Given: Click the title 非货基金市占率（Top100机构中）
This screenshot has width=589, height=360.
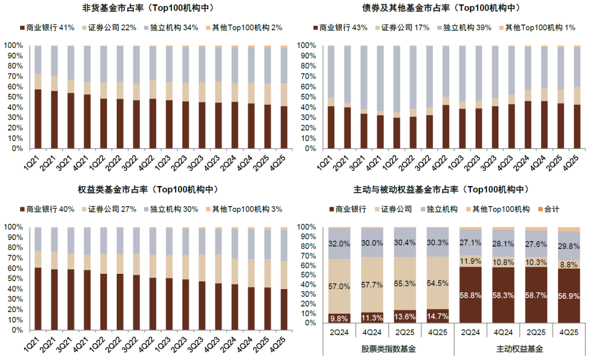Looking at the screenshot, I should (147, 8).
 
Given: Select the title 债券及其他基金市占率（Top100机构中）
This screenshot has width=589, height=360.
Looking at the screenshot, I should (441, 8).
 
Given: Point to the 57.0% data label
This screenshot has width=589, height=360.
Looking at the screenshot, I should (339, 286).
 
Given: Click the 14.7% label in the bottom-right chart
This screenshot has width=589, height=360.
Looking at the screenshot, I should (438, 316).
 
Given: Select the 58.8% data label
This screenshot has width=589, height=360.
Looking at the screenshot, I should (471, 294).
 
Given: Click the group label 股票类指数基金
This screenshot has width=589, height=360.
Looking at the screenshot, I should (388, 348).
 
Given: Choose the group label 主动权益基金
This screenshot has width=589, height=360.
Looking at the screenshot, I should (520, 348).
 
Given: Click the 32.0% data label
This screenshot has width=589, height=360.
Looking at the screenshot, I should (339, 244).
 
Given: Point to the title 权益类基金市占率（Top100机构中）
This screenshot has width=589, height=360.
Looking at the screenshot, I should (147, 190).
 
